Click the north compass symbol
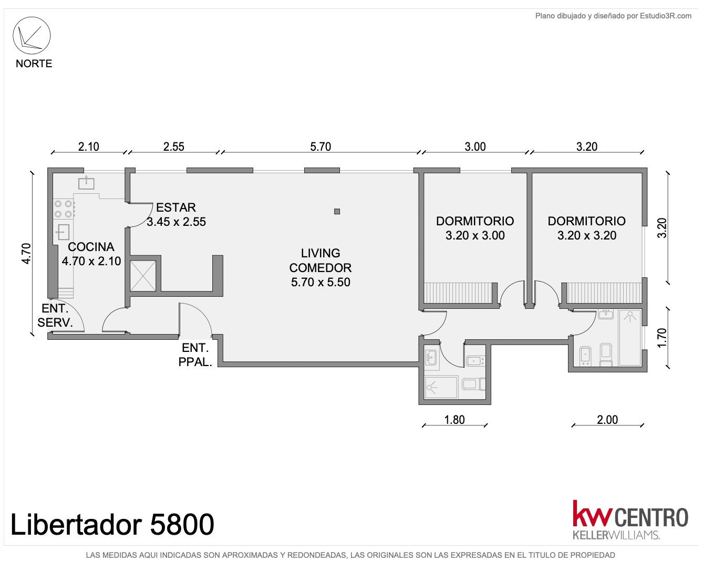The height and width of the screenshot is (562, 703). [x=32, y=36]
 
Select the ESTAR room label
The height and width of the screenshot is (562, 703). [x=176, y=214]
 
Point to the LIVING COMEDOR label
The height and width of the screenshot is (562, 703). [x=321, y=267]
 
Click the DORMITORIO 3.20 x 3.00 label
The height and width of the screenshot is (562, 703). [x=475, y=228]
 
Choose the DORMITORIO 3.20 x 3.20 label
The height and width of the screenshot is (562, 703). [x=587, y=228]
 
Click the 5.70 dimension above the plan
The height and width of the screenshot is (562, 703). [x=321, y=147]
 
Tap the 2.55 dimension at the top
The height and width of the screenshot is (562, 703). [x=173, y=147]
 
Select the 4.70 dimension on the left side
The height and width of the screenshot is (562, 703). [x=26, y=253]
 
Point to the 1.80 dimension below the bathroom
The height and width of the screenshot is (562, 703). [x=454, y=420]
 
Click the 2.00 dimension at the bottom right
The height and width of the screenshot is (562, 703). [x=607, y=420]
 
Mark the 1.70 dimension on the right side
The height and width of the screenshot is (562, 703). [x=662, y=338]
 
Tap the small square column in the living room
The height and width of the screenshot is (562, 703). [x=337, y=211]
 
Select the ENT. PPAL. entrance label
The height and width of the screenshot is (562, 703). [x=195, y=355]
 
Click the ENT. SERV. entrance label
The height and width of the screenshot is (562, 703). [x=55, y=315]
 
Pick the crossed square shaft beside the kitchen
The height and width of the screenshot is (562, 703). [x=143, y=276]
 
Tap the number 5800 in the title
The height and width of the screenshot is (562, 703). [x=182, y=525]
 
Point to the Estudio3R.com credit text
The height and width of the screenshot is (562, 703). [x=665, y=16]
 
